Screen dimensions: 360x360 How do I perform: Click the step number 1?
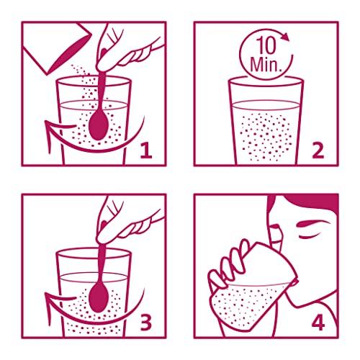coord(146,150)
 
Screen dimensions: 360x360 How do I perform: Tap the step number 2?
coord(318,150)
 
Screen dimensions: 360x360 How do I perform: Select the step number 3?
coord(146,323)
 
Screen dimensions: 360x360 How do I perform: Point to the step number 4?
coord(318,323)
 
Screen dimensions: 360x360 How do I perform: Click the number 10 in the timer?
coord(266,46)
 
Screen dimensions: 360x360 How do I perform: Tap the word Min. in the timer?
coord(266,64)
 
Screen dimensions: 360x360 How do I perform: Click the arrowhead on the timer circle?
coord(286,37)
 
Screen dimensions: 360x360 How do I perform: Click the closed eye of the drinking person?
coord(307,237)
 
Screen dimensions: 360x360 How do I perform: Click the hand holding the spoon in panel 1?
coord(120,52)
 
